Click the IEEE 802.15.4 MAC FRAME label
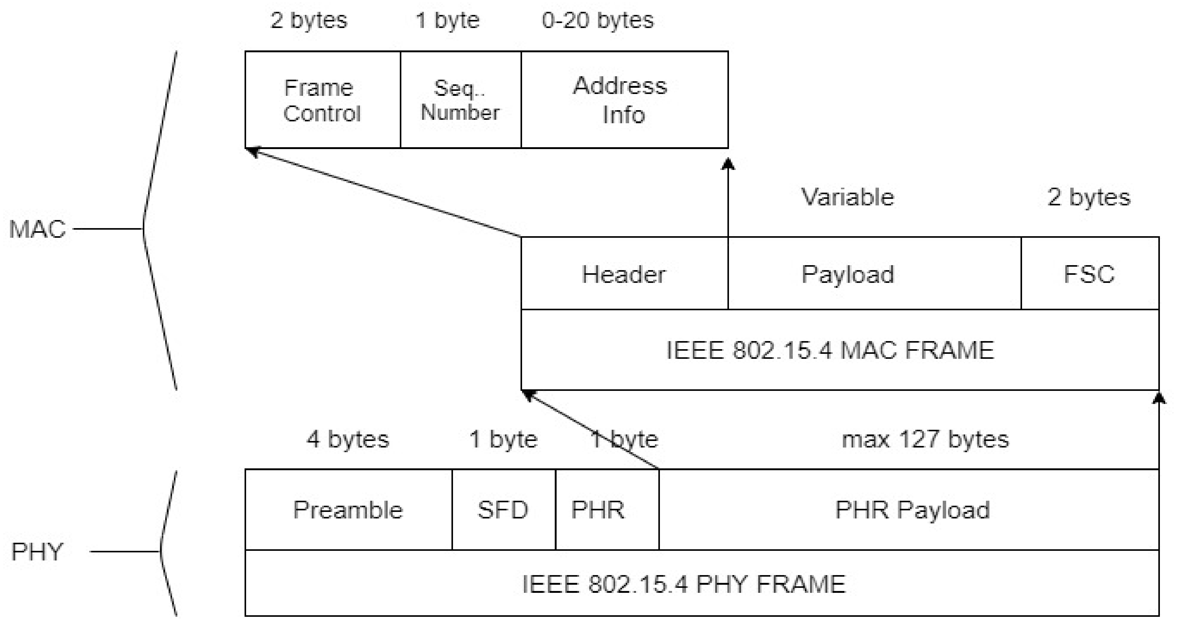click(830, 350)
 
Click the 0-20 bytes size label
click(598, 21)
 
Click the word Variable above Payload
click(848, 197)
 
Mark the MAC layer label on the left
click(37, 229)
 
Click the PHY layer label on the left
click(36, 552)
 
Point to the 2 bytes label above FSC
click(1088, 197)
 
